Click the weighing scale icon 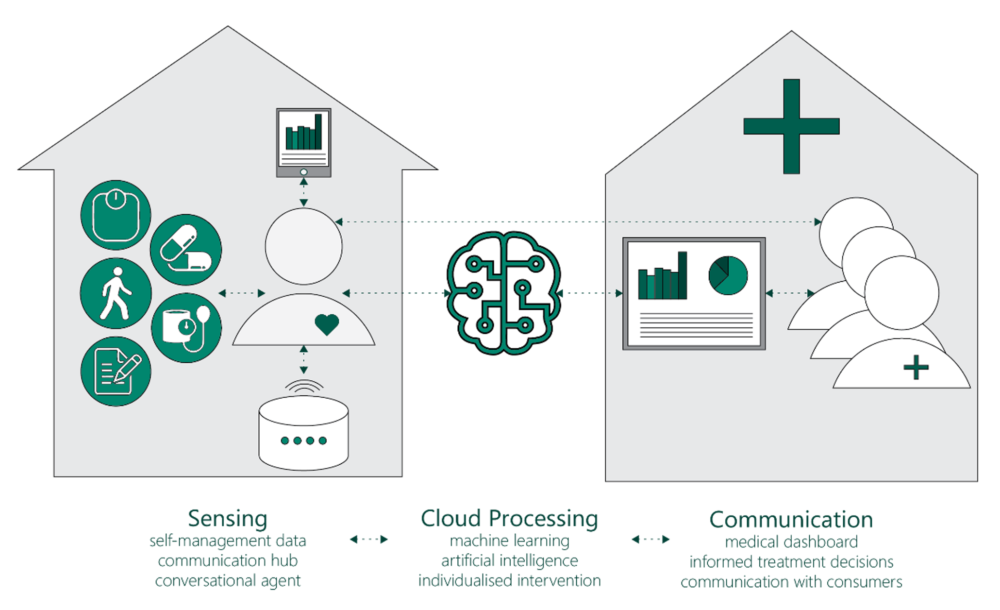tap(116, 215)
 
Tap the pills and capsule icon tap(186, 250)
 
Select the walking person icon tap(116, 293)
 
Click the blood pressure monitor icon tap(186, 328)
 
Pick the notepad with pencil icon tap(116, 372)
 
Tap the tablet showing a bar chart tap(304, 142)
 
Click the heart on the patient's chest tap(327, 324)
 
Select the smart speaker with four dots tap(304, 432)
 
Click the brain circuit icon tap(503, 293)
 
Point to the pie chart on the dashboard tap(728, 275)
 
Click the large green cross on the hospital tap(791, 126)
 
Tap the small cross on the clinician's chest tap(916, 367)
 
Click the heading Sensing tap(228, 518)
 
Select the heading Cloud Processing tap(509, 518)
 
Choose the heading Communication tap(791, 519)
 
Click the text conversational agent tap(228, 580)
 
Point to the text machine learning tap(509, 541)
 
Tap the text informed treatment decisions tap(791, 562)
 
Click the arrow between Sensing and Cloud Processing tap(369, 539)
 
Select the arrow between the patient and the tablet tap(304, 192)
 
